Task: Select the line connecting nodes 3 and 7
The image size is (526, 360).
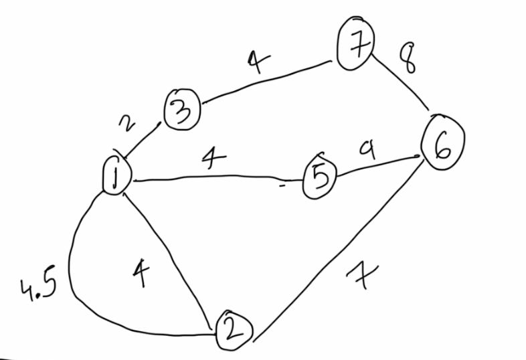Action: [x=268, y=82]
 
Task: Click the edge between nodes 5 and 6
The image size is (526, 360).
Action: [x=378, y=167]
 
